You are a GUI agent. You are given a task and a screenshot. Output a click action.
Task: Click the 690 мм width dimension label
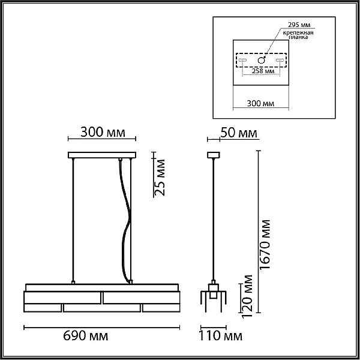click(85, 336)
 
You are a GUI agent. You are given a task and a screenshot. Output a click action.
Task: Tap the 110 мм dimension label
click(220, 336)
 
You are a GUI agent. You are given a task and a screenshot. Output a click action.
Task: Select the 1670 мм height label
click(265, 244)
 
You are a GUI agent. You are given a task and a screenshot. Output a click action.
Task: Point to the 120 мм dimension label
click(247, 296)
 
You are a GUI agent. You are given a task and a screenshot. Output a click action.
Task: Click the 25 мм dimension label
click(160, 178)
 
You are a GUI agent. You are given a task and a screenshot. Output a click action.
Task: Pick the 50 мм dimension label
click(239, 133)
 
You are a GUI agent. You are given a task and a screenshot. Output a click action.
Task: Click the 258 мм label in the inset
click(263, 71)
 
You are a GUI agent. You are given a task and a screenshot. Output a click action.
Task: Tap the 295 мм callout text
click(299, 25)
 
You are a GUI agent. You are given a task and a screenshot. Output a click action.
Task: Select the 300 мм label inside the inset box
click(260, 104)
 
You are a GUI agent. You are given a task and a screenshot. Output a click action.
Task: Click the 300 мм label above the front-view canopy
click(103, 133)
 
